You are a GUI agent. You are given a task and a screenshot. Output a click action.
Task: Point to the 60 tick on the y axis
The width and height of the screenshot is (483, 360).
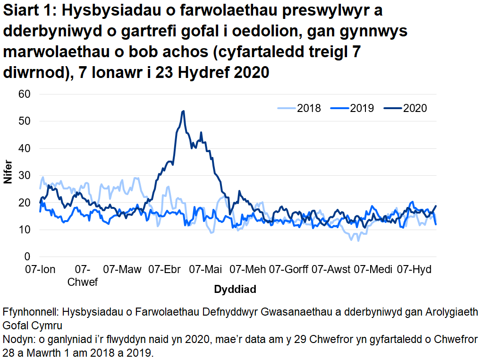pyautogui.click(x=25, y=94)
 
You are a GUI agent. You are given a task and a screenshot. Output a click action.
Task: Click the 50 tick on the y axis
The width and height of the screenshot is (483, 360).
pyautogui.click(x=25, y=121)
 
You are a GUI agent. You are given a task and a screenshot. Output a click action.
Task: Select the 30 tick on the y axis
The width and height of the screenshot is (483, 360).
pyautogui.click(x=25, y=176)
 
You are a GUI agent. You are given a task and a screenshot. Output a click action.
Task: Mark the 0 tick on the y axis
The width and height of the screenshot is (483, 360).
pyautogui.click(x=27, y=257)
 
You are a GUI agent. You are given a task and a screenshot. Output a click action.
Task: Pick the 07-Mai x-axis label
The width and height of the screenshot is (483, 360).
pyautogui.click(x=206, y=270)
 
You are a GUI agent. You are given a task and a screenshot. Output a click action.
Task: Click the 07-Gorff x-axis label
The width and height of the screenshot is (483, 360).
pyautogui.click(x=288, y=270)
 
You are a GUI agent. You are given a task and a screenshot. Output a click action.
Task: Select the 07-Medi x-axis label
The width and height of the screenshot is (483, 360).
pyautogui.click(x=373, y=270)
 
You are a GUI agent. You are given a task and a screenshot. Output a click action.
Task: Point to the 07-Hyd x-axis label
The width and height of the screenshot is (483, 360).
pyautogui.click(x=414, y=270)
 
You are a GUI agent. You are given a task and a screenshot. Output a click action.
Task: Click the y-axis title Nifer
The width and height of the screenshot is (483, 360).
pyautogui.click(x=8, y=175)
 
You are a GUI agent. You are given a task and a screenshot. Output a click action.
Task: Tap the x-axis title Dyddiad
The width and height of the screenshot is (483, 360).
pyautogui.click(x=235, y=289)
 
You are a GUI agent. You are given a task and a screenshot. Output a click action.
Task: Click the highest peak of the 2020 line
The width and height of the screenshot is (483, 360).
pyautogui.click(x=183, y=111)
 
